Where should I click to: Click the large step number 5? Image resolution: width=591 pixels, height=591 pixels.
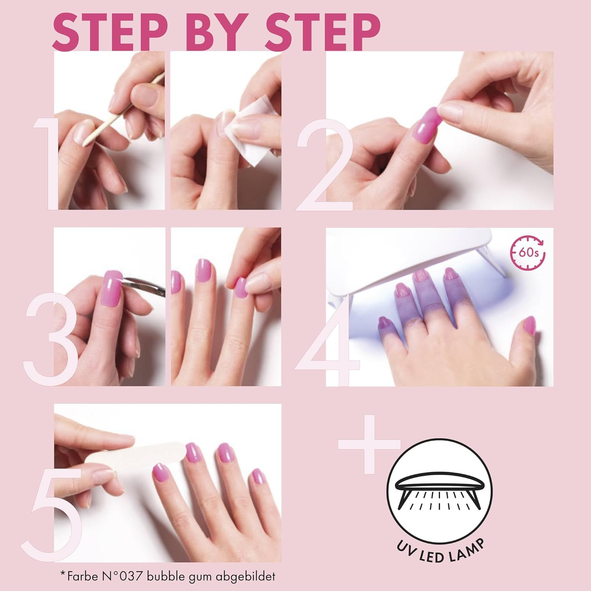point(51,512)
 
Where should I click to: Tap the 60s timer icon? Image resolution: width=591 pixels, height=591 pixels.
point(528,252)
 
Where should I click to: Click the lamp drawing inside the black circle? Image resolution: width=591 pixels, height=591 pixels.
point(439,491)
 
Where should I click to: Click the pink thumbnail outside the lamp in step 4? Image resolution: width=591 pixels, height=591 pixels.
point(530,325)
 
